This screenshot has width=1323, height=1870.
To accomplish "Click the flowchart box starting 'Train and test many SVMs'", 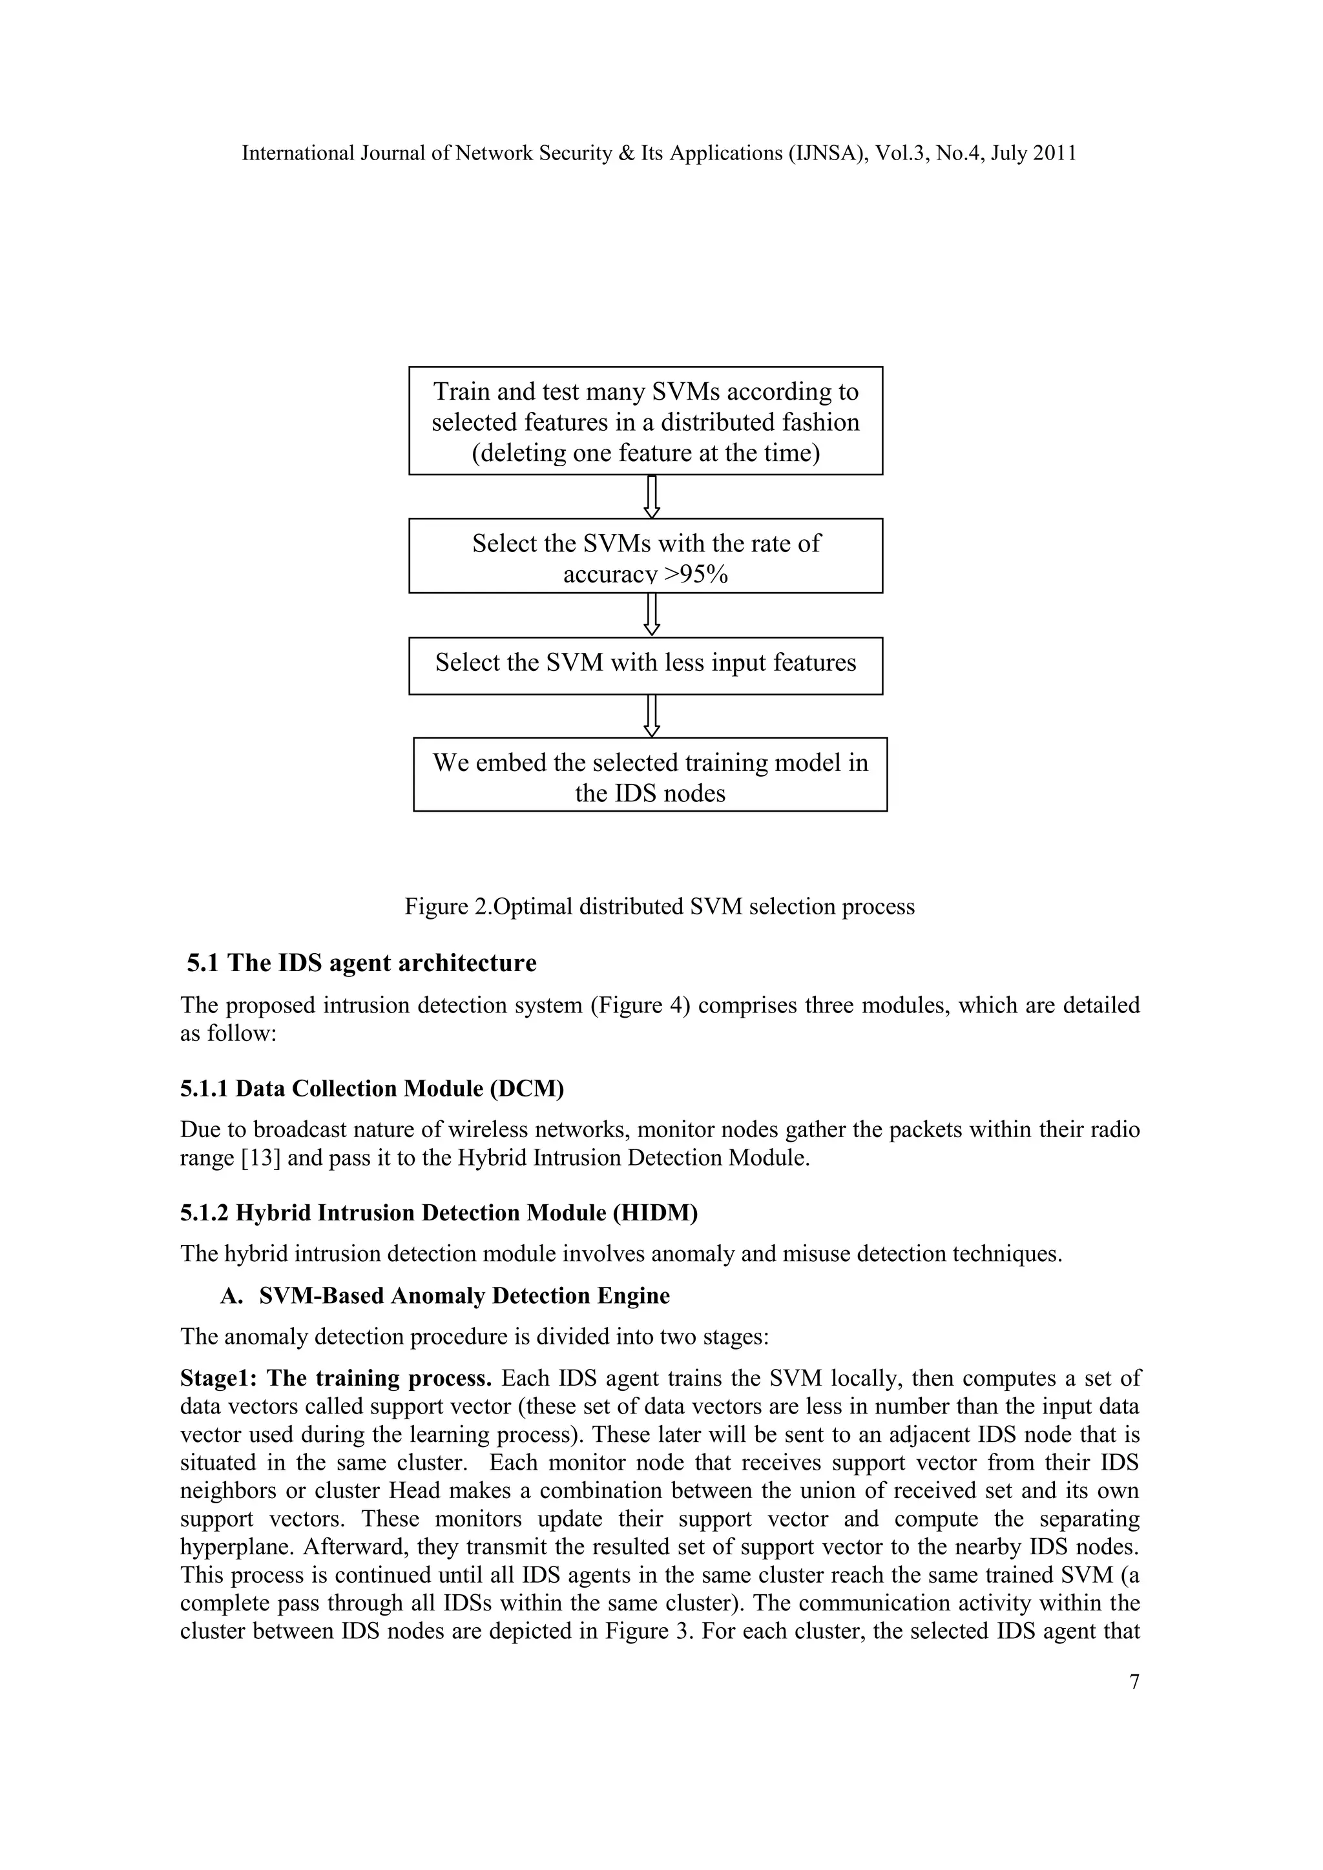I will [645, 421].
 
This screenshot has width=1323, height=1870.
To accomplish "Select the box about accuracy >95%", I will [645, 556].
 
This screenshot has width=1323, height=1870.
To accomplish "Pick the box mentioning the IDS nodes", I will [650, 775].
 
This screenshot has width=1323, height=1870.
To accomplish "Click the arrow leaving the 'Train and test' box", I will [652, 496].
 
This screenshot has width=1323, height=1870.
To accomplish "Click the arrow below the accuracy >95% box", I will [652, 615].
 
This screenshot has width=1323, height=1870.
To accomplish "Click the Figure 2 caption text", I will [659, 907].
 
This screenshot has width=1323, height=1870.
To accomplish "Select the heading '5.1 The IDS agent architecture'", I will [362, 963].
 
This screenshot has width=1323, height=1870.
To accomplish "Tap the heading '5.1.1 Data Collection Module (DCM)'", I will [372, 1089].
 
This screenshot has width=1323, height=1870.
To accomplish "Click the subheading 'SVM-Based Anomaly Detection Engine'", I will [464, 1296].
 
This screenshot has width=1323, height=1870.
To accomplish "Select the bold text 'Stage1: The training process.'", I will [336, 1378].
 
